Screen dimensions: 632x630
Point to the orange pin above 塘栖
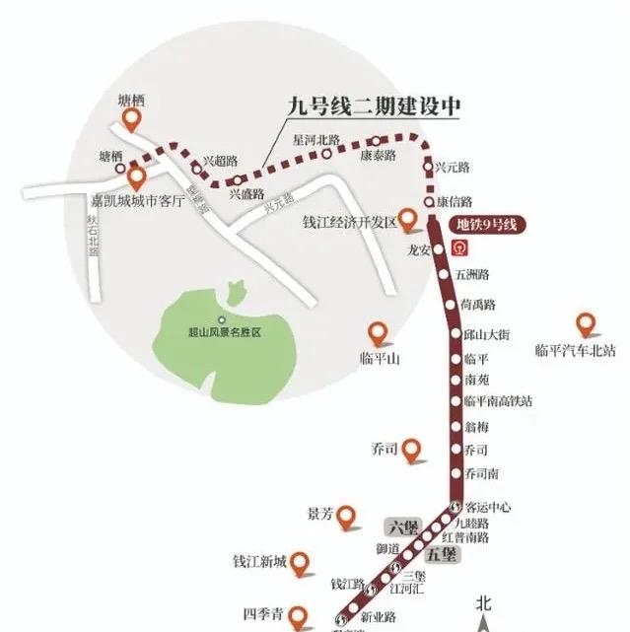pyautogui.click(x=131, y=120)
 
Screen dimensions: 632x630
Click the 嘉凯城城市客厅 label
pyautogui.click(x=138, y=201)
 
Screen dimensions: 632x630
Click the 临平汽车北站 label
pyautogui.click(x=575, y=349)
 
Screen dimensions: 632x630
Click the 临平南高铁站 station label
pyautogui.click(x=499, y=401)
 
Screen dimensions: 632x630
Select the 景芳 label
pyautogui.click(x=321, y=514)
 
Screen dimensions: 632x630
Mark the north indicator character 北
pyautogui.click(x=483, y=601)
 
